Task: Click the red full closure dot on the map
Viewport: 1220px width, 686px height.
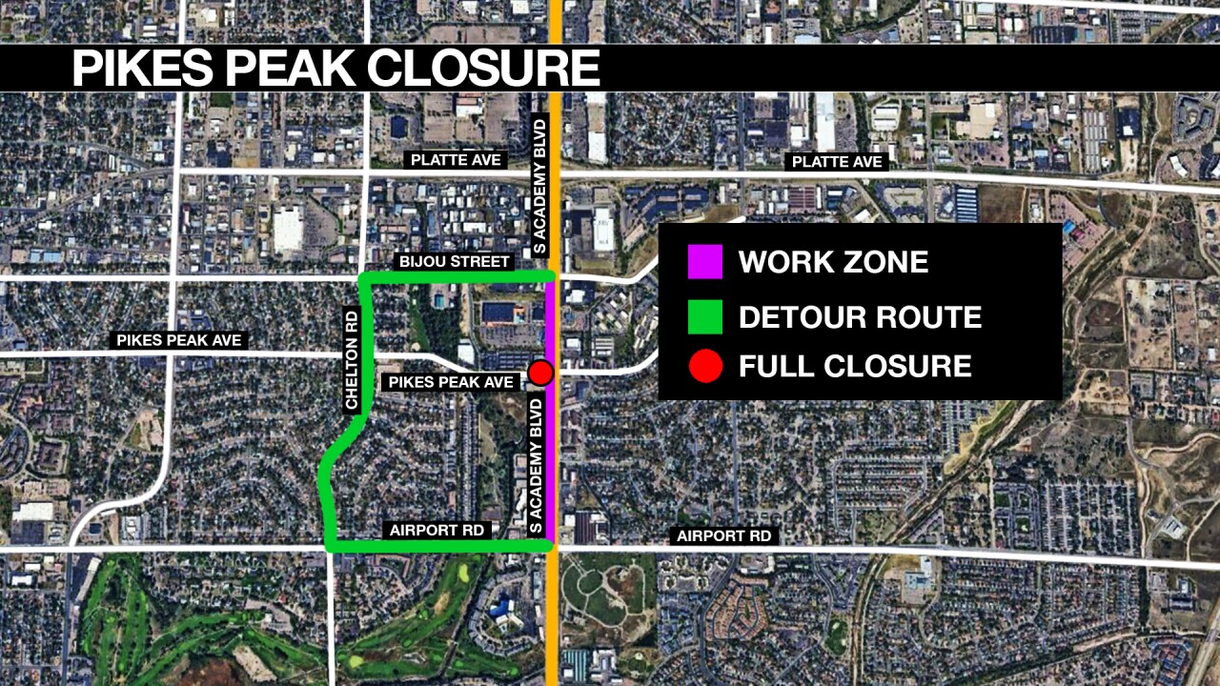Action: click(x=541, y=373)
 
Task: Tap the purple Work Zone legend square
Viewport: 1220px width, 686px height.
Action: click(x=705, y=262)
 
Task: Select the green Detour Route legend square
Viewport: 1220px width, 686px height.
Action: click(x=705, y=316)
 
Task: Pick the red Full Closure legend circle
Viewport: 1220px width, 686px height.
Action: click(x=705, y=367)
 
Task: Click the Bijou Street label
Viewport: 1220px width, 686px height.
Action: click(x=454, y=261)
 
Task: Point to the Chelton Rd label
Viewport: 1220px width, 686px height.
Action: click(x=352, y=358)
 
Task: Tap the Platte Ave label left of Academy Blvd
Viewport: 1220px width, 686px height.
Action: click(x=456, y=160)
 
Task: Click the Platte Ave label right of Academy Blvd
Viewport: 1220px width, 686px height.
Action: click(x=837, y=162)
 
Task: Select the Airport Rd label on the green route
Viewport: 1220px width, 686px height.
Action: click(x=437, y=530)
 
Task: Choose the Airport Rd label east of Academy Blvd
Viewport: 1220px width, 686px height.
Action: click(x=723, y=536)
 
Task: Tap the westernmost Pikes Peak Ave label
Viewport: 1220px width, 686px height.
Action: click(x=179, y=340)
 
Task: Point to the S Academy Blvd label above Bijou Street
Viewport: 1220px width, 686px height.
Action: click(x=539, y=200)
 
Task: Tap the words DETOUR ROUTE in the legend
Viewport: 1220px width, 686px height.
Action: click(x=860, y=316)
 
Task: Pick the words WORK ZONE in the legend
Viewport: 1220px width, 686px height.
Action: click(x=833, y=262)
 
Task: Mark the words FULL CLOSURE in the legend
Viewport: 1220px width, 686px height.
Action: click(x=855, y=367)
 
